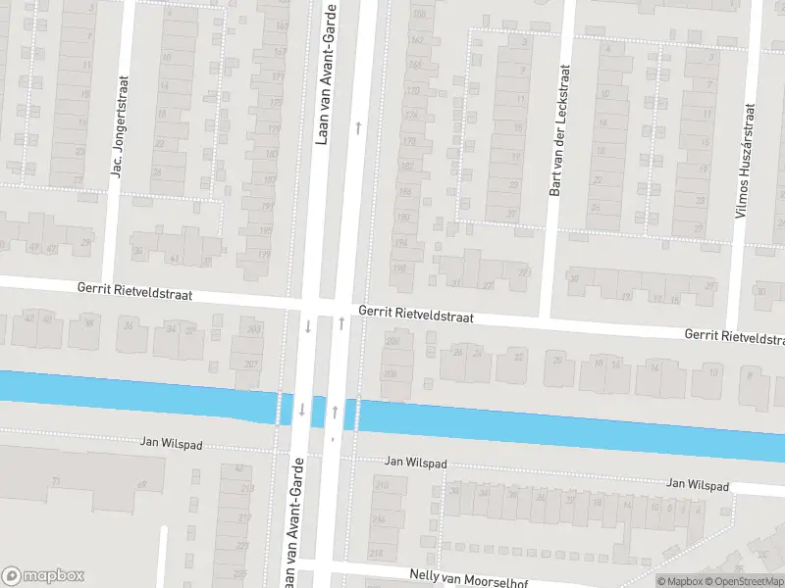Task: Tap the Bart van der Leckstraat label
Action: [561, 130]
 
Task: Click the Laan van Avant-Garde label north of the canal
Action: [324, 73]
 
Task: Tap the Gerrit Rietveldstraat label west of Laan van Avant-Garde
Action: [135, 292]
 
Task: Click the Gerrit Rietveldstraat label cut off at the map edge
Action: [734, 336]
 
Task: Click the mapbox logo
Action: [43, 576]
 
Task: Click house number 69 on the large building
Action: [141, 484]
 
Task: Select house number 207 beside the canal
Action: [252, 365]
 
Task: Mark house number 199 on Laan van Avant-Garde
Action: [263, 255]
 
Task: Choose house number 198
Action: [398, 268]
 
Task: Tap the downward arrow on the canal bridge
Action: [302, 409]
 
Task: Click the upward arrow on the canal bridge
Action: [337, 409]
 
